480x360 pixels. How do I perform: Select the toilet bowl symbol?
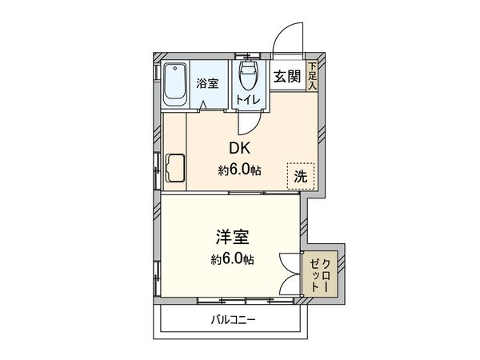[249, 78]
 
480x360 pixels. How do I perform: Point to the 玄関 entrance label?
[286, 77]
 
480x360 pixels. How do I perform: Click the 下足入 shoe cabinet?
[313, 76]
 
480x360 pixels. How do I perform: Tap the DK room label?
[240, 149]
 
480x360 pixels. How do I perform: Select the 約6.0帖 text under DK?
[240, 170]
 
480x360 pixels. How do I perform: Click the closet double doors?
[288, 274]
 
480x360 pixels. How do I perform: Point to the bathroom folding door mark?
[206, 105]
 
